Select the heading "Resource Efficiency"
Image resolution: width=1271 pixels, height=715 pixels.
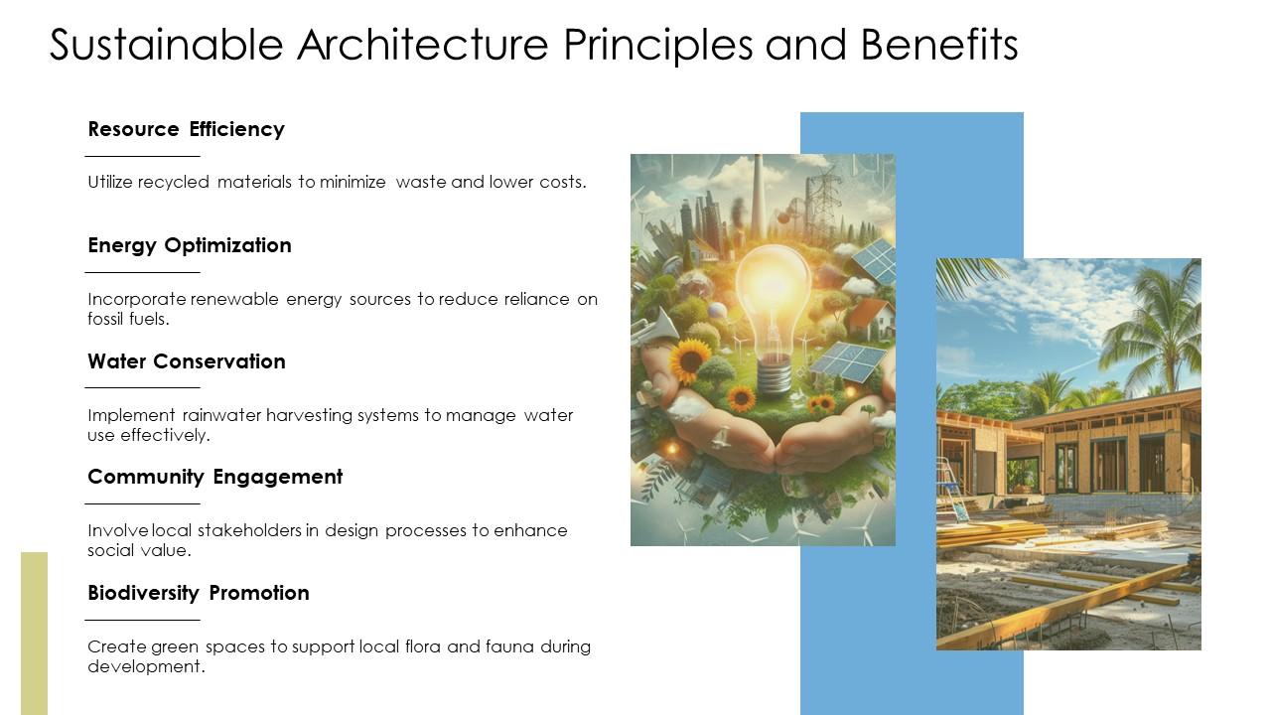[186, 129]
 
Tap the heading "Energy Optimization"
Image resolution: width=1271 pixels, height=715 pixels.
[190, 245]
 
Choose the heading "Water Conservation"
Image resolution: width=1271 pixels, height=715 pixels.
[187, 361]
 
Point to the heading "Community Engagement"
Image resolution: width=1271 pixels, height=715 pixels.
[214, 477]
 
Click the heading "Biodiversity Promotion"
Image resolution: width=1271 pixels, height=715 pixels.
[199, 593]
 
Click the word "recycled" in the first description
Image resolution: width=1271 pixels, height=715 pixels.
[174, 183]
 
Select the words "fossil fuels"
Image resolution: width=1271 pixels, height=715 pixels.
[128, 320]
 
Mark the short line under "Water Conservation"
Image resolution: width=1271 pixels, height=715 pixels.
[142, 387]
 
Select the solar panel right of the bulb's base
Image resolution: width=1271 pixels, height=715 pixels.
[846, 362]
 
